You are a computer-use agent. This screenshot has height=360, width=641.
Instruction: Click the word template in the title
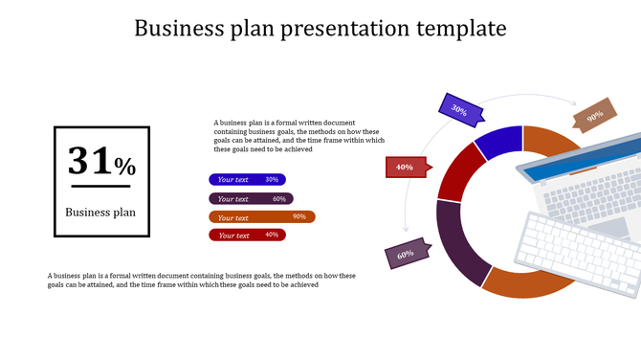463,29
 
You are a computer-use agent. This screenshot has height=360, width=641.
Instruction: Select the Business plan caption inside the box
100,213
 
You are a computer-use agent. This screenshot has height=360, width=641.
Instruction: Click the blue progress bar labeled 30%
247,179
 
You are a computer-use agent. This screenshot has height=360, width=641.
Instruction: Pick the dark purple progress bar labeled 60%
251,198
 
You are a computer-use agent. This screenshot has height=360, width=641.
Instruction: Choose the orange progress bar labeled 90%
261,216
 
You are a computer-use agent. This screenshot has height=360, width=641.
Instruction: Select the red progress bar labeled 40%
247,235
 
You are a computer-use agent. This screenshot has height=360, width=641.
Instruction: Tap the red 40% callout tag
406,168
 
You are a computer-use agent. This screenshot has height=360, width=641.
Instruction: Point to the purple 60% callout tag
407,255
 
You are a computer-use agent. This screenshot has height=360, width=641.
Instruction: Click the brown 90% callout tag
593,116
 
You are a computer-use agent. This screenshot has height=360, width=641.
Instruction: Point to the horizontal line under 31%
100,186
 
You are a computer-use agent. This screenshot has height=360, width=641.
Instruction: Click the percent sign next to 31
125,167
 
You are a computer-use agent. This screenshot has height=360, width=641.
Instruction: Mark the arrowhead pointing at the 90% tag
574,104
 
